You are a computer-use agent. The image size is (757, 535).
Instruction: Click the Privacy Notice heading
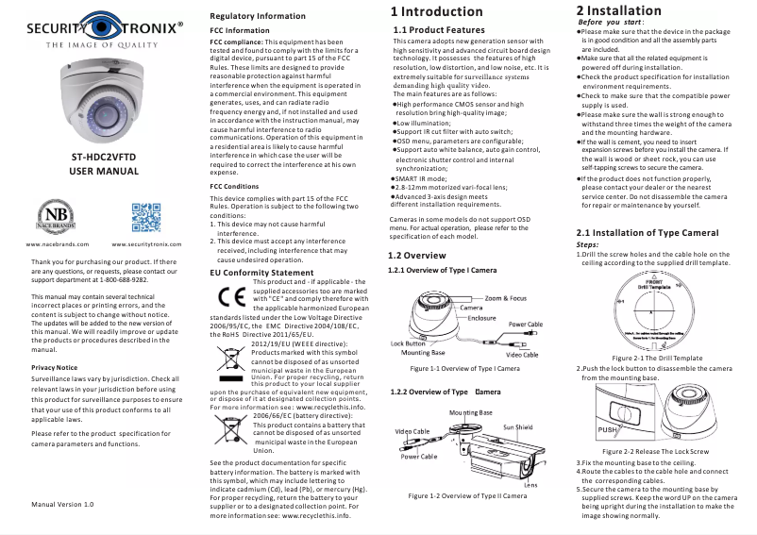[x=54, y=365]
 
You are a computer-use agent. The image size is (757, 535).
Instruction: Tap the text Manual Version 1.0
[x=62, y=505]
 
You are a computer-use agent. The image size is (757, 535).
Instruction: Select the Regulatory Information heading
[x=257, y=17]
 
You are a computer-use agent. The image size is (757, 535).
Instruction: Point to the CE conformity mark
[x=230, y=293]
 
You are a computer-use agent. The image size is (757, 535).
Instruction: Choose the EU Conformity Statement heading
[x=261, y=273]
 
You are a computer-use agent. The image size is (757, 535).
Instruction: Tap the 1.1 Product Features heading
[x=438, y=30]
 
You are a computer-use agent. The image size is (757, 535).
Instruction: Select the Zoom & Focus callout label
[x=508, y=297]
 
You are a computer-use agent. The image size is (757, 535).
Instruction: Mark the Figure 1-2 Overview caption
[x=466, y=495]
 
